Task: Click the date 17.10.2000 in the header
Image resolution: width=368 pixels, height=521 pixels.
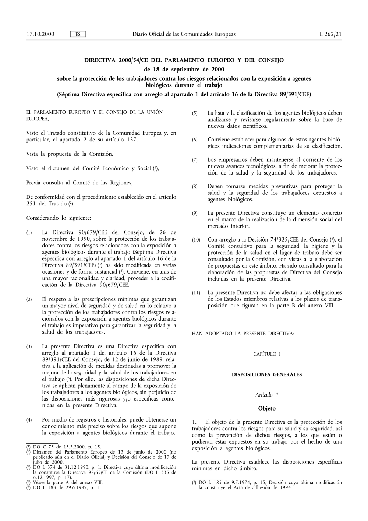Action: point(40,34)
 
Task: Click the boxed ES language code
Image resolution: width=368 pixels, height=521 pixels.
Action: point(78,34)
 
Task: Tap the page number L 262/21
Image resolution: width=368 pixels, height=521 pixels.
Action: point(330,34)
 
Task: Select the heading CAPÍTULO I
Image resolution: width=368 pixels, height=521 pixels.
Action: point(267,354)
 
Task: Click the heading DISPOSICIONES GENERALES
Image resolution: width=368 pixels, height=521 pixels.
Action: point(267,374)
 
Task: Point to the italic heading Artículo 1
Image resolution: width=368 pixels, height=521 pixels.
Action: point(267,395)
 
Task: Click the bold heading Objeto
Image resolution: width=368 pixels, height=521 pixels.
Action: point(267,408)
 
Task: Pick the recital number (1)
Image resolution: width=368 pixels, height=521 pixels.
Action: point(29,233)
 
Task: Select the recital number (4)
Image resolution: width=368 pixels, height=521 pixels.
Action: point(29,420)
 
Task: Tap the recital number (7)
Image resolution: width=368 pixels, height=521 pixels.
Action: point(195,160)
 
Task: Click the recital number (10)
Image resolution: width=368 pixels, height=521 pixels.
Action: point(195,240)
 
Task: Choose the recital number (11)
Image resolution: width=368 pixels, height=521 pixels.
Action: point(195,293)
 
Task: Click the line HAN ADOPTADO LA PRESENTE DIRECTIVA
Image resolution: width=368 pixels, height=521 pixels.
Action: point(243,334)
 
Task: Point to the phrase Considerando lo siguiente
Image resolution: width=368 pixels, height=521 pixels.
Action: point(59,218)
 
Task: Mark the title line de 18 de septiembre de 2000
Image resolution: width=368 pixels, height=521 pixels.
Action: point(184,69)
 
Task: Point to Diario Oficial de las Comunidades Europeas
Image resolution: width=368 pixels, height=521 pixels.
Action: point(184,34)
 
